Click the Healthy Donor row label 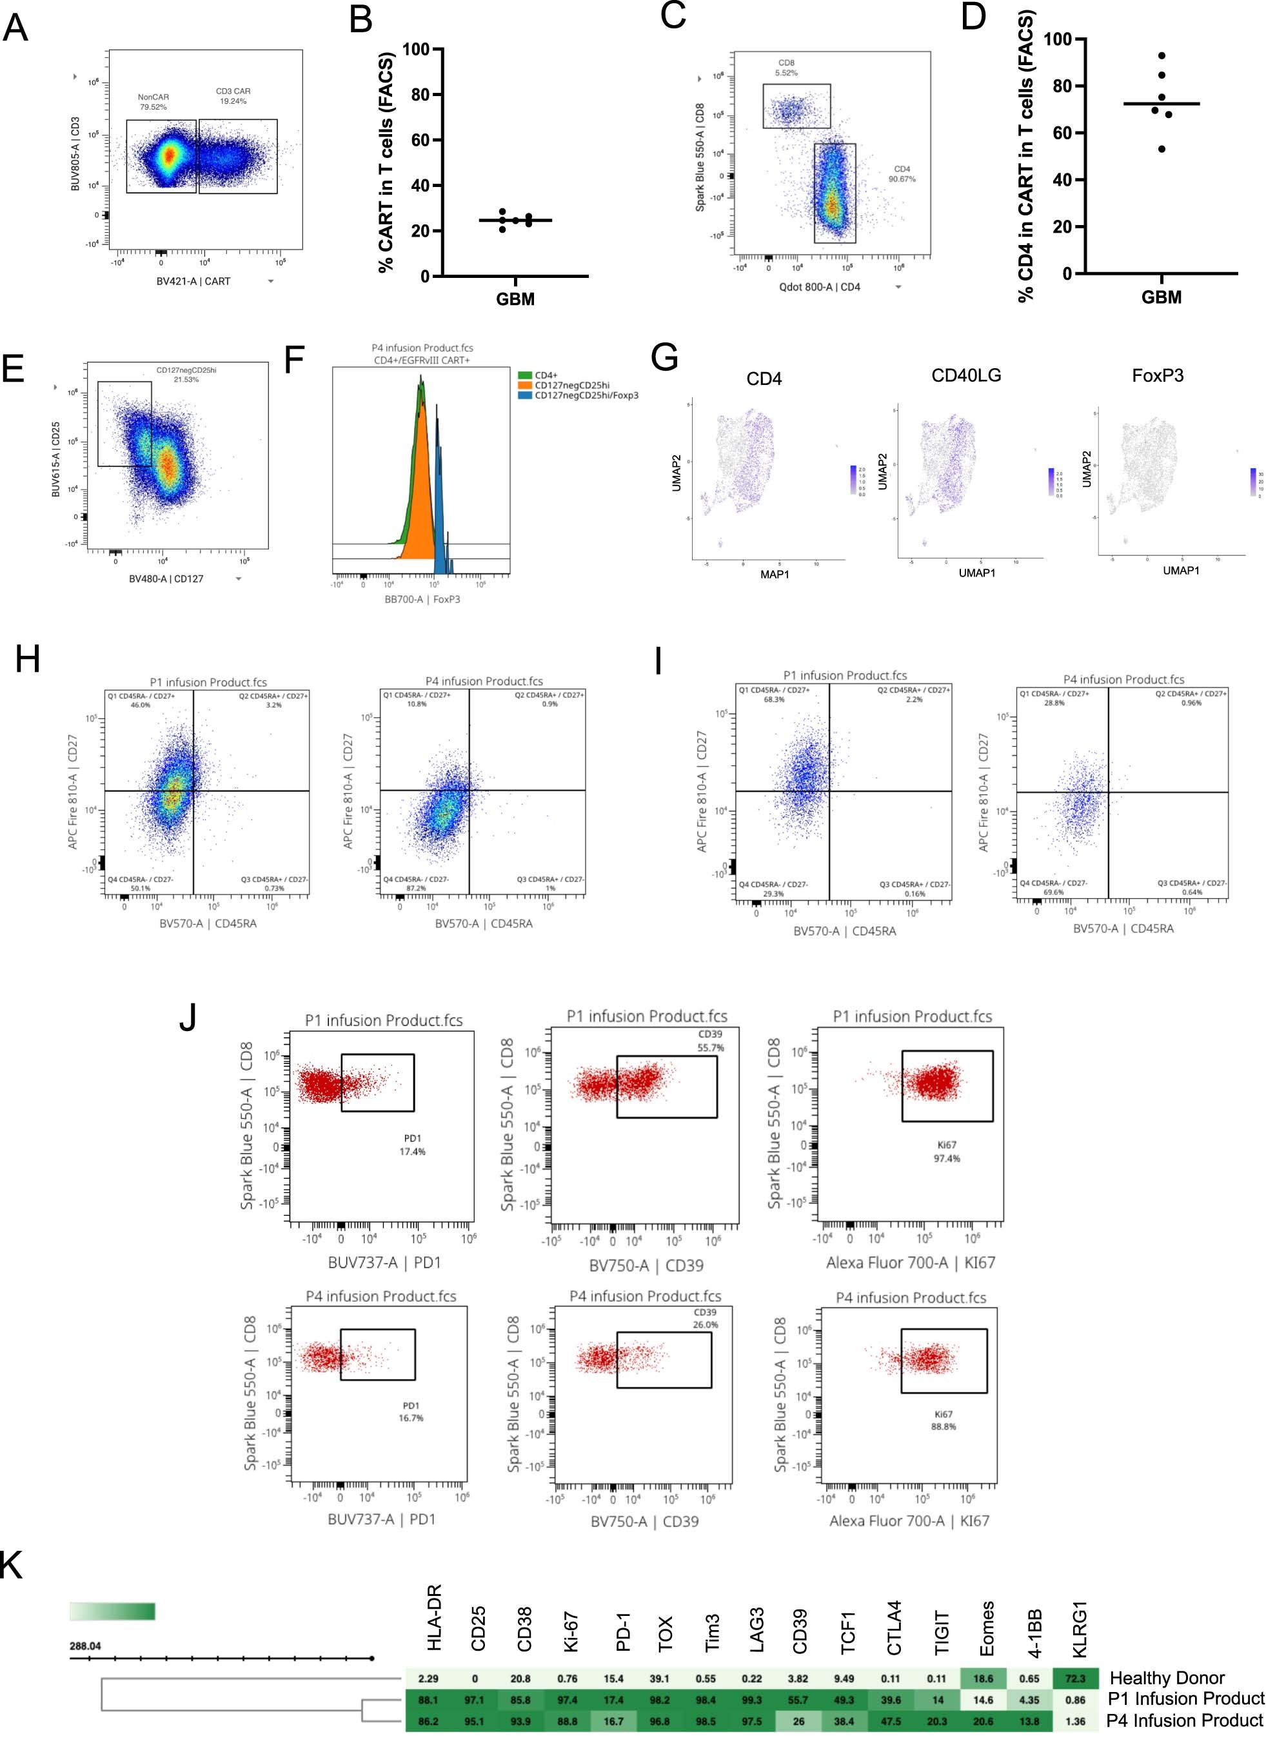[1166, 1678]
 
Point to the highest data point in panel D [1161, 55]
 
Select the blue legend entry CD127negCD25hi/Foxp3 [586, 395]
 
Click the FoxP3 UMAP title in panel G [1157, 375]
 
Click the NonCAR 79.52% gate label [153, 102]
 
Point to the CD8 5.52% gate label [786, 68]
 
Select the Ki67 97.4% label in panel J [946, 1152]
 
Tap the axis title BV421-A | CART [193, 281]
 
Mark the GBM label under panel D [1161, 297]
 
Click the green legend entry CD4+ [546, 375]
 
